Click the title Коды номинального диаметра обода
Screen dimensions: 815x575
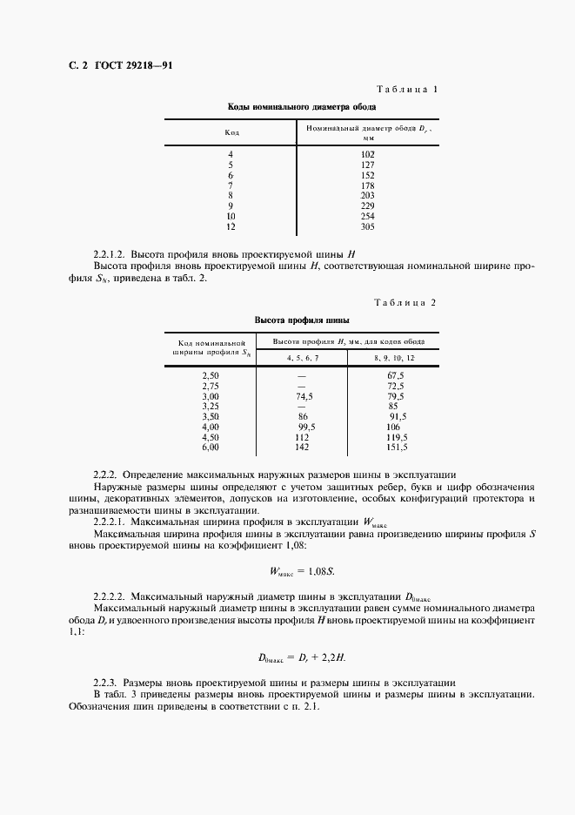click(301, 107)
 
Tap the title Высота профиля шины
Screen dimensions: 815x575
click(301, 320)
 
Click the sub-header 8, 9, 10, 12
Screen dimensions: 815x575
click(393, 358)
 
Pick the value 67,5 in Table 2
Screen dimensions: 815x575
click(396, 375)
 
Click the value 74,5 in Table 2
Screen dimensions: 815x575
click(304, 395)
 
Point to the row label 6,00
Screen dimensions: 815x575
click(211, 447)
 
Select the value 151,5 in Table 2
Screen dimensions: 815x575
click(396, 447)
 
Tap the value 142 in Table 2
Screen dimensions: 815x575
click(302, 447)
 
